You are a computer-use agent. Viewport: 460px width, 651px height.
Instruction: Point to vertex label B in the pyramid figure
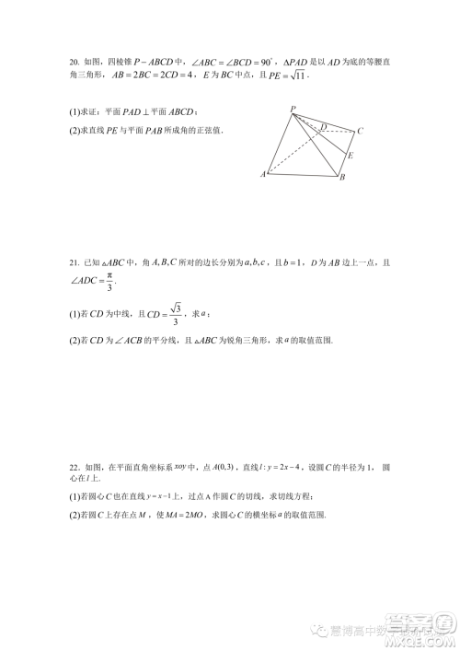pyautogui.click(x=342, y=177)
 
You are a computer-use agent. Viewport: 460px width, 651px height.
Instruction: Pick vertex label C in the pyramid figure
pyautogui.click(x=361, y=131)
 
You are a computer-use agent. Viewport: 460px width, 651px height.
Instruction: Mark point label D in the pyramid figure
pyautogui.click(x=323, y=126)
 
